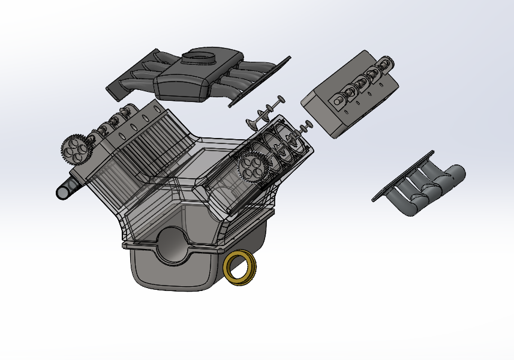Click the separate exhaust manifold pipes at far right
[426, 186]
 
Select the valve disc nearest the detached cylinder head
[307, 124]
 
